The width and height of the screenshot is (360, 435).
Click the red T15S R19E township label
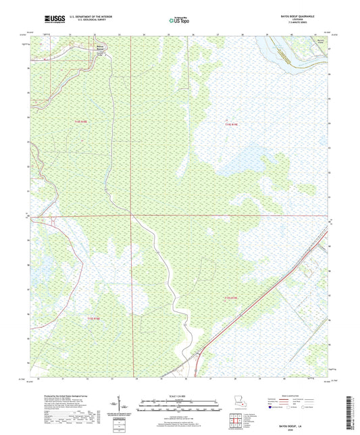pos(230,297)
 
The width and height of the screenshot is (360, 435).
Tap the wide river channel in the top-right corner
pos(290,51)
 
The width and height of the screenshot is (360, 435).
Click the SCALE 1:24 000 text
pos(179,396)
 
